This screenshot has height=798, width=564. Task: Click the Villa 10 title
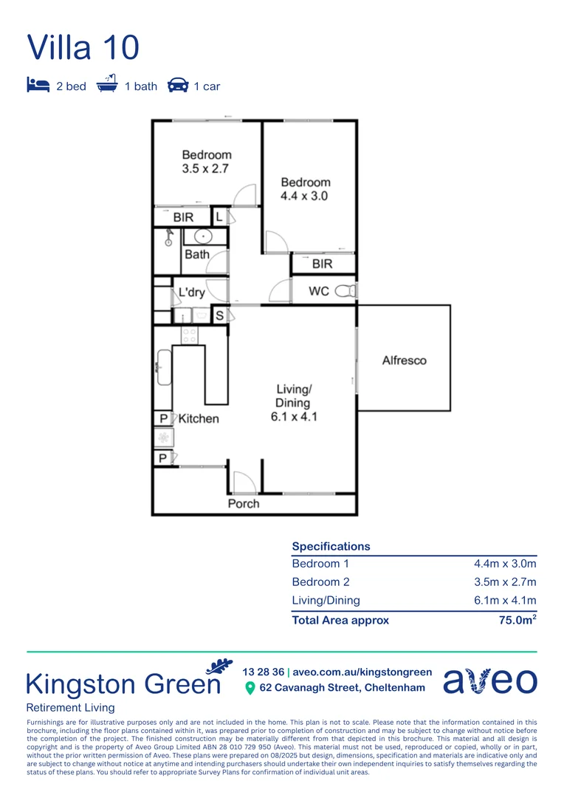point(83,47)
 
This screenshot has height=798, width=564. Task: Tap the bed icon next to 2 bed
point(37,86)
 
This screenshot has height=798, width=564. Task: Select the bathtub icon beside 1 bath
point(108,85)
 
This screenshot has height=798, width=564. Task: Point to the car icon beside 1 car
point(178,86)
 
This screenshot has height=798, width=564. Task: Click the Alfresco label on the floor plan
point(404,361)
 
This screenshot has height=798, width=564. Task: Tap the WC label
point(319,291)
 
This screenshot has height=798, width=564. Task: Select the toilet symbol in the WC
point(345,291)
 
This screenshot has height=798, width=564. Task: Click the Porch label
point(244,503)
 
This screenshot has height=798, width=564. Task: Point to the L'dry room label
point(191,293)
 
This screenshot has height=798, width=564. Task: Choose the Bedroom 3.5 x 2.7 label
point(207,162)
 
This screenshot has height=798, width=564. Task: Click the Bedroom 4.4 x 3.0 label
point(305,189)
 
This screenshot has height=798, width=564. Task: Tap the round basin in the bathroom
point(198,236)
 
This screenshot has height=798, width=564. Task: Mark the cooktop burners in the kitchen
point(190,335)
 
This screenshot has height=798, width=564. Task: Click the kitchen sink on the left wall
point(164,367)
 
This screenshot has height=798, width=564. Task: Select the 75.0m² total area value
point(517,620)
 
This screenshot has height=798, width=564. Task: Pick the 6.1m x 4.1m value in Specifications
point(505,601)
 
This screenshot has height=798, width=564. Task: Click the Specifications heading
point(331,547)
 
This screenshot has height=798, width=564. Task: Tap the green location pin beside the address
point(250,688)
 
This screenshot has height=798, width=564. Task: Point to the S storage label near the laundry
point(219,316)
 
